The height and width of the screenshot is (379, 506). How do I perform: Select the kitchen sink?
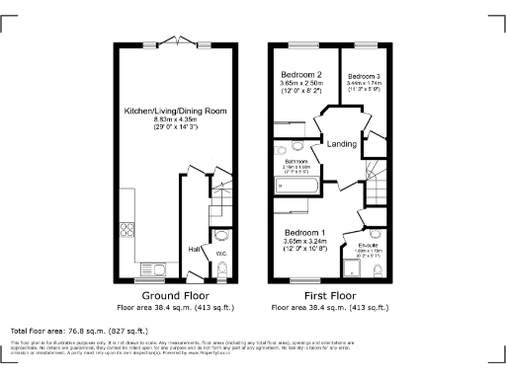pos(151,267)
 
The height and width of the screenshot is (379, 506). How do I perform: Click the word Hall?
pos(195,249)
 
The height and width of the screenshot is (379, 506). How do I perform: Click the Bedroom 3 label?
pos(364,76)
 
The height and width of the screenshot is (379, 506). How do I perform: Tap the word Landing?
pos(342,143)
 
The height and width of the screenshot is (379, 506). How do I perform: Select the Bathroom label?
pos(296,161)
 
